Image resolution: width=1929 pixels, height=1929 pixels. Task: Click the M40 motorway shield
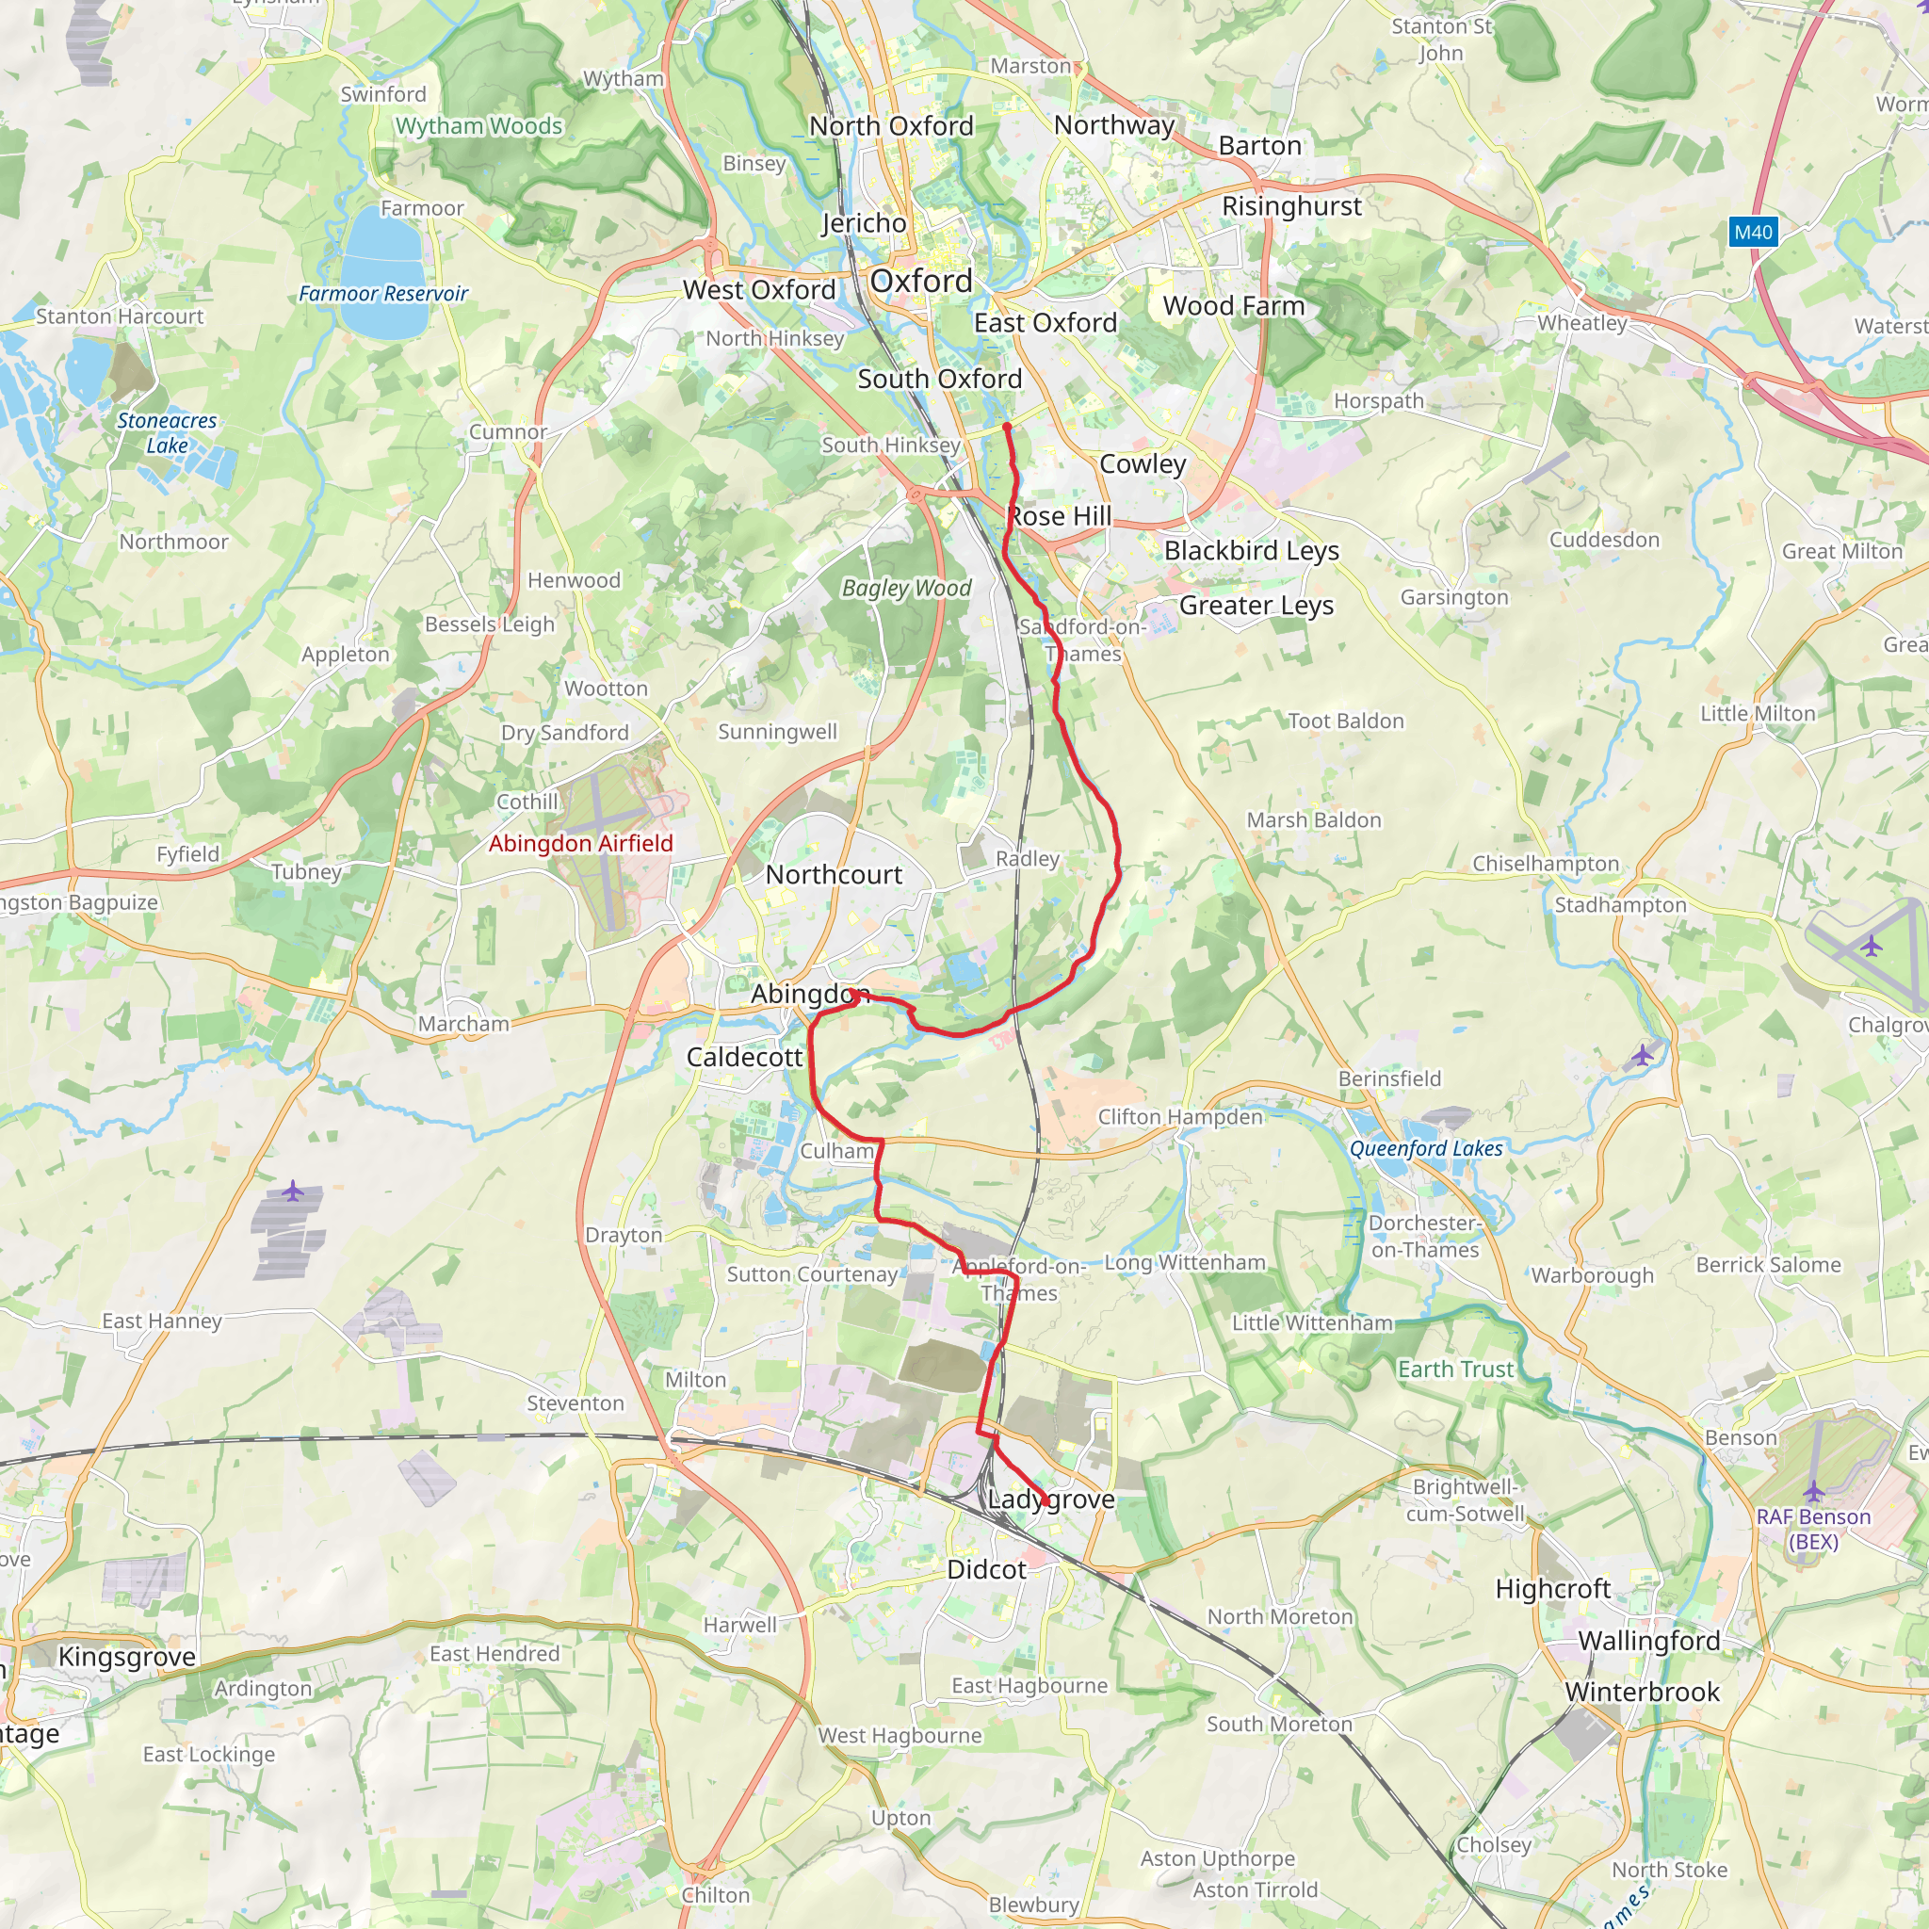pyautogui.click(x=1753, y=233)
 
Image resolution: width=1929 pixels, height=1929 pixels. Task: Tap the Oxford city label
pyautogui.click(x=920, y=282)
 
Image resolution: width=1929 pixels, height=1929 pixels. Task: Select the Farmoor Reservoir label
pyautogui.click(x=383, y=294)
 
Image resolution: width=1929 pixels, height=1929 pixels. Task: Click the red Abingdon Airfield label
pyautogui.click(x=580, y=844)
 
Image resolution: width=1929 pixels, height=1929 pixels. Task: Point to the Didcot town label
pyautogui.click(x=986, y=1569)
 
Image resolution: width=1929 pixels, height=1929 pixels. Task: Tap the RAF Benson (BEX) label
pyautogui.click(x=1813, y=1529)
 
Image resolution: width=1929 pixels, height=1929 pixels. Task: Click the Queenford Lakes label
pyautogui.click(x=1426, y=1149)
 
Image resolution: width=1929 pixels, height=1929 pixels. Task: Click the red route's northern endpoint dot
pyautogui.click(x=1007, y=428)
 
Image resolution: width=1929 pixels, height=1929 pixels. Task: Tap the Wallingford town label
pyautogui.click(x=1648, y=1641)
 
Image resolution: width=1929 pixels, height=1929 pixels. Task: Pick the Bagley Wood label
pyautogui.click(x=905, y=588)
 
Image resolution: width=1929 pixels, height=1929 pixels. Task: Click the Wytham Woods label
pyautogui.click(x=479, y=126)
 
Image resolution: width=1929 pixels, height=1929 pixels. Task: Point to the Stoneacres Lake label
pyautogui.click(x=167, y=433)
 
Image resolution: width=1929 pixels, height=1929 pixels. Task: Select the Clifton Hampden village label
pyautogui.click(x=1180, y=1116)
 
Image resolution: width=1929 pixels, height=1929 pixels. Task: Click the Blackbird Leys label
pyautogui.click(x=1251, y=550)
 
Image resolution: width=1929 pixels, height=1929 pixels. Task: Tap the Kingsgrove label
pyautogui.click(x=127, y=1657)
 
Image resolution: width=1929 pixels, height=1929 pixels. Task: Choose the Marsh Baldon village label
pyautogui.click(x=1313, y=819)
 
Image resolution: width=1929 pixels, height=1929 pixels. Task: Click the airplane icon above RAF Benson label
pyautogui.click(x=1813, y=1492)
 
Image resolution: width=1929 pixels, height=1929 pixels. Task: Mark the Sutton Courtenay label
pyautogui.click(x=812, y=1274)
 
